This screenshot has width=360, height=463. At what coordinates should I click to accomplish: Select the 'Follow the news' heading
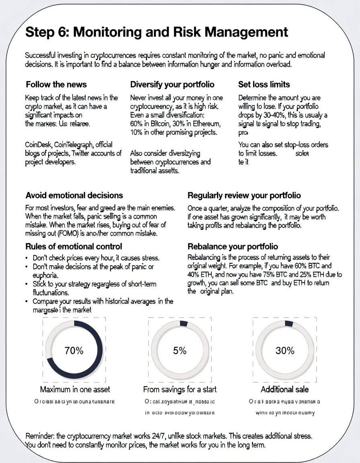point(56,85)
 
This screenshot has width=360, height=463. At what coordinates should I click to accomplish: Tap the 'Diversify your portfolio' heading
point(172,85)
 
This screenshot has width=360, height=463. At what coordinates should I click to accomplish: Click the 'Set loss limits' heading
point(264,85)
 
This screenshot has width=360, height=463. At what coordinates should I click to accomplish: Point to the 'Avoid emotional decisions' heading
point(74,195)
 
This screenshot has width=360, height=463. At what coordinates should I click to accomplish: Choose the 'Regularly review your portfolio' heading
point(244,195)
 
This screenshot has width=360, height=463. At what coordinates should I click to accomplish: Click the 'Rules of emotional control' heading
point(74,246)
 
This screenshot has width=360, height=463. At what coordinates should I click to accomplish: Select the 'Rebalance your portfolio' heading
point(233,246)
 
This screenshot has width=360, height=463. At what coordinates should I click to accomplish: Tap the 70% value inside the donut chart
point(74,350)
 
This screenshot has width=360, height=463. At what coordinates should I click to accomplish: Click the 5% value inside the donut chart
point(180,350)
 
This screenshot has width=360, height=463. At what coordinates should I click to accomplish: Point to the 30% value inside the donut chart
point(285,350)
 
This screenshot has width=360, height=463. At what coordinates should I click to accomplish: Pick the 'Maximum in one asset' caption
point(75,389)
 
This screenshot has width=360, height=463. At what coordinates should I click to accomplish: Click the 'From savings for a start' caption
point(180,389)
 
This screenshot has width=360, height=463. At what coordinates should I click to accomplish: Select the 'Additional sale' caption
point(285,389)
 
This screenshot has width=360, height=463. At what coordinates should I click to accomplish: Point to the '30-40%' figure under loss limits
point(278,115)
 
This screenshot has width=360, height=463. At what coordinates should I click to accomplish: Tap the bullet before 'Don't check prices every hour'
point(27,258)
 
